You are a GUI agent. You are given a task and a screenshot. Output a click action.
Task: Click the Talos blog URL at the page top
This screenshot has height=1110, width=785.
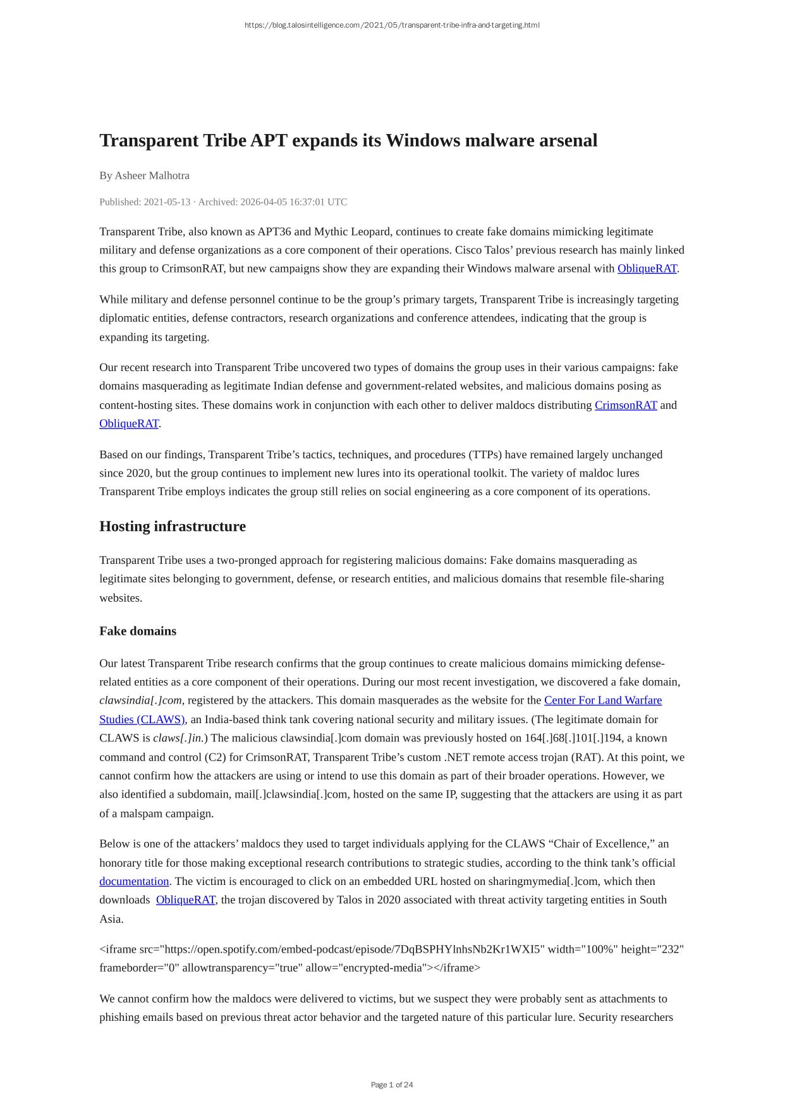tap(392, 25)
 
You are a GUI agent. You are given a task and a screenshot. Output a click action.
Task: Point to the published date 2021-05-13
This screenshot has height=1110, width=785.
tap(167, 202)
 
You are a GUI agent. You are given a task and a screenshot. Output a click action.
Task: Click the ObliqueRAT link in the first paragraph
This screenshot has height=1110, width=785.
tap(647, 269)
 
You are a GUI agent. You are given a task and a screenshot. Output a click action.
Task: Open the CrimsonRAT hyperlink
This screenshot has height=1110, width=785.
tap(626, 405)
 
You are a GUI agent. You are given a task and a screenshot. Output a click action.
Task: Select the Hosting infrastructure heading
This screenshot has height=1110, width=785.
tap(173, 527)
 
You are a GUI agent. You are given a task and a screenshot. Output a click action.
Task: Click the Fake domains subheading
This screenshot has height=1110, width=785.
tap(138, 631)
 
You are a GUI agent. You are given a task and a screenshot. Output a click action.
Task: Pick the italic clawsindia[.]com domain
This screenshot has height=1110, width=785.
tap(140, 700)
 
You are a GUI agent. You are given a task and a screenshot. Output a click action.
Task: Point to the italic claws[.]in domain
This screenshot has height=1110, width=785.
tap(178, 738)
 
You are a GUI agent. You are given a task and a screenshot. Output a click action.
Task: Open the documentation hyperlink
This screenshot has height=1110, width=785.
tap(134, 881)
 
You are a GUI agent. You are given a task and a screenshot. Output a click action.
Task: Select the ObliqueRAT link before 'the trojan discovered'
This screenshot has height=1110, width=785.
tap(185, 900)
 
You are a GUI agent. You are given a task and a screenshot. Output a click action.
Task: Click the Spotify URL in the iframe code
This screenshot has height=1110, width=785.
tap(353, 949)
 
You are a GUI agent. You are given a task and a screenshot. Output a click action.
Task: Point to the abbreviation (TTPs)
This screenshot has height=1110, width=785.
tap(486, 454)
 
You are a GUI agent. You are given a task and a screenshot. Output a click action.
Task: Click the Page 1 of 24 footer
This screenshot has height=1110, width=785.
tap(392, 1085)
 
